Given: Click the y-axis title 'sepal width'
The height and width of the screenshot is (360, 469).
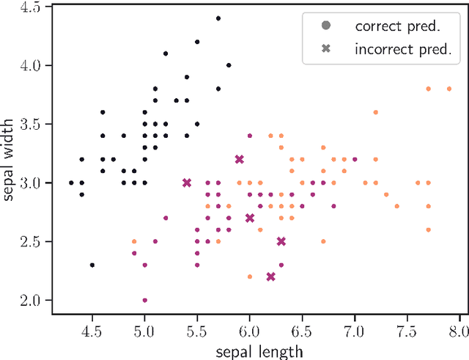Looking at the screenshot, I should pyautogui.click(x=10, y=153).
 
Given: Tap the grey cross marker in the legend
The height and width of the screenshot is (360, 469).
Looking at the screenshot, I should pyautogui.click(x=326, y=49).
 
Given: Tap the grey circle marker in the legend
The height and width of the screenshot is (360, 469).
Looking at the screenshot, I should pyautogui.click(x=326, y=26).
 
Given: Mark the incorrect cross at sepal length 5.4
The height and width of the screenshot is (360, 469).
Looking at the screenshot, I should pyautogui.click(x=187, y=183).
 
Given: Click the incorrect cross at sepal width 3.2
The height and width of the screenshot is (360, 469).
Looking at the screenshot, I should pyautogui.click(x=239, y=159).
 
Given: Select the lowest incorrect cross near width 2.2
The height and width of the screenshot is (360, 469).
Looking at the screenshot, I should pyautogui.click(x=270, y=276).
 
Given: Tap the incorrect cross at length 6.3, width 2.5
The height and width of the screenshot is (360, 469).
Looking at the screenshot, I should pyautogui.click(x=281, y=241).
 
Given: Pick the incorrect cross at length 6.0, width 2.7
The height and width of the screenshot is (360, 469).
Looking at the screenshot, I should pyautogui.click(x=250, y=218).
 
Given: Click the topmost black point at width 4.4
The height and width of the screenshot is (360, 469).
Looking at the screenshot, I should pyautogui.click(x=218, y=18).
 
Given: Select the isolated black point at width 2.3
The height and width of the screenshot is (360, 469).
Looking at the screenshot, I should pyautogui.click(x=92, y=265).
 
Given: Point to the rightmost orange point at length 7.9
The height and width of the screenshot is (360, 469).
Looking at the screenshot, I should pyautogui.click(x=448, y=89).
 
